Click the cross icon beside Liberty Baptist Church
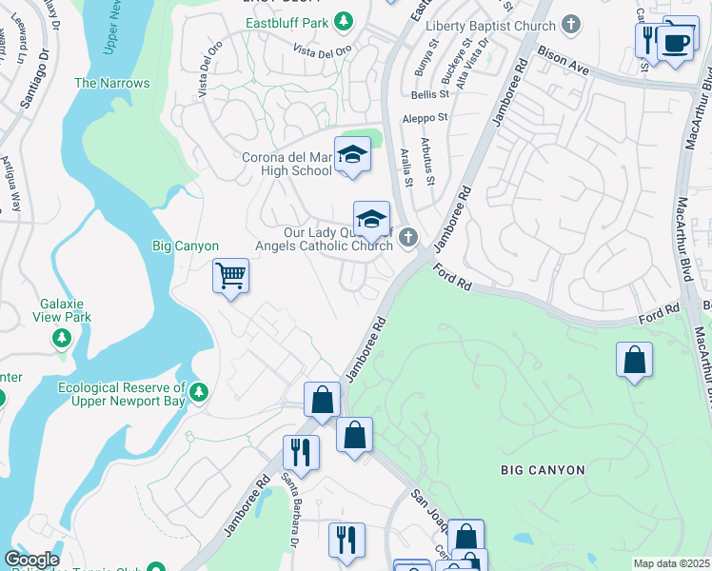[571, 24]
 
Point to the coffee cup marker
[675, 43]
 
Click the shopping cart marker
[230, 276]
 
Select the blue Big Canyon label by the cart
[186, 246]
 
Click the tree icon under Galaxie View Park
[61, 337]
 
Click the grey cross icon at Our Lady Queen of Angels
[408, 237]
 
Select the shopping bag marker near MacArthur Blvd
[635, 361]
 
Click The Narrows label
[112, 83]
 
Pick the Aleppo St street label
[425, 118]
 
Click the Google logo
[30, 560]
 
